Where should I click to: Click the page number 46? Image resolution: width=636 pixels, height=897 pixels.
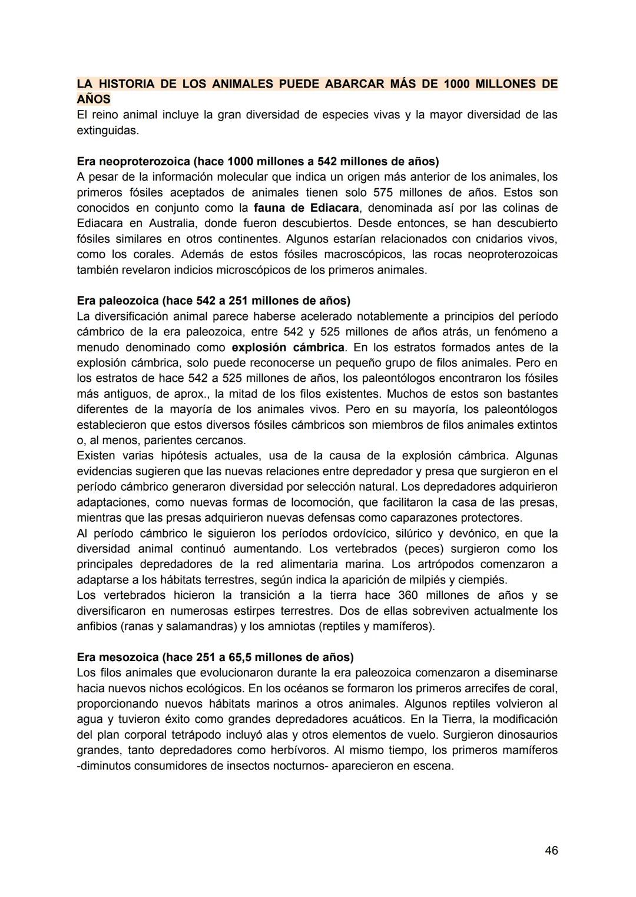[x=551, y=850]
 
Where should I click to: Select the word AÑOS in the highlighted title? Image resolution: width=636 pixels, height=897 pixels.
[x=94, y=99]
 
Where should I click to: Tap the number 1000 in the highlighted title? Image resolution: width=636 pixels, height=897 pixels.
[x=456, y=84]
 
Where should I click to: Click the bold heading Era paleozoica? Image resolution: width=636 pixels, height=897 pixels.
[x=118, y=301]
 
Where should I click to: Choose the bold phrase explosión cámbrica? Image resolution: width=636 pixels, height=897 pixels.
[x=288, y=347]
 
